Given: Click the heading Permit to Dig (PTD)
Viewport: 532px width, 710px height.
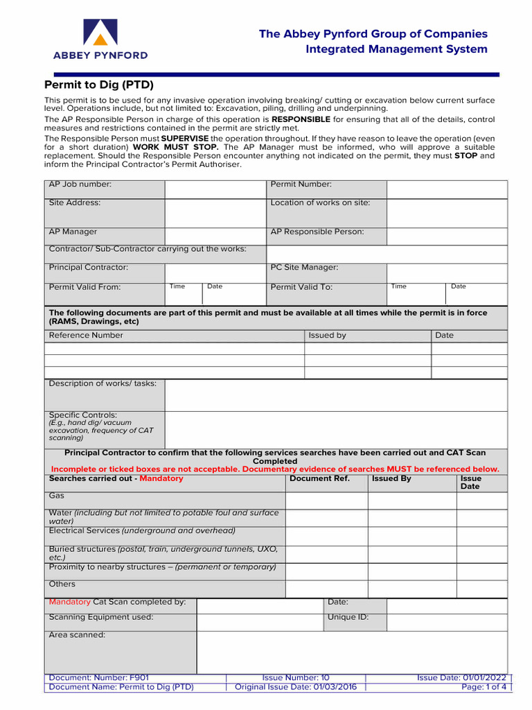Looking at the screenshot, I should (x=99, y=85).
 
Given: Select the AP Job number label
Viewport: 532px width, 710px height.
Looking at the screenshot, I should (x=80, y=184).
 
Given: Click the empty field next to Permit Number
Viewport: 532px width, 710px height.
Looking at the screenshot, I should (x=446, y=189).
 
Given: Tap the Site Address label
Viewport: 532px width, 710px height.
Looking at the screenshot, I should (x=75, y=202).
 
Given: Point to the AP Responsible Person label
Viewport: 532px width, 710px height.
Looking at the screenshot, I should (x=317, y=232).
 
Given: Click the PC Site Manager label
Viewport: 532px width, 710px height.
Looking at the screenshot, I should (x=304, y=268).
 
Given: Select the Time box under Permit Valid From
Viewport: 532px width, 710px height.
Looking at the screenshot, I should (x=184, y=293).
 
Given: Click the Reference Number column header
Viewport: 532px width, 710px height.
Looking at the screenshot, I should (x=86, y=336).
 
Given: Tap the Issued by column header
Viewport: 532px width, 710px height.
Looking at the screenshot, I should (x=327, y=336).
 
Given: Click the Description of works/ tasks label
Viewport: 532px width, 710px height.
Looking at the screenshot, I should (x=103, y=383).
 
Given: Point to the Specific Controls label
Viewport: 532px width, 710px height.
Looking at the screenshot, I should (x=82, y=415).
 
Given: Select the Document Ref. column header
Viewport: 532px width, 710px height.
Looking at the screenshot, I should (x=319, y=478).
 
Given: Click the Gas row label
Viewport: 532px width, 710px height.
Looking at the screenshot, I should (x=57, y=496).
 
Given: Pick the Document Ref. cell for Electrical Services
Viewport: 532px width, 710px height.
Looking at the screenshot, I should (x=326, y=536).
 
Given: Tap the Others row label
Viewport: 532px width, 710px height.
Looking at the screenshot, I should (x=62, y=584).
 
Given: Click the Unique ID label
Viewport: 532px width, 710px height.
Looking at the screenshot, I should (x=348, y=617).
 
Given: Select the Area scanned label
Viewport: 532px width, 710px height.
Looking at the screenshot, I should (x=77, y=635).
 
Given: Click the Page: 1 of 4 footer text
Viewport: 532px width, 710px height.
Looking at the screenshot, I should (x=484, y=687).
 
